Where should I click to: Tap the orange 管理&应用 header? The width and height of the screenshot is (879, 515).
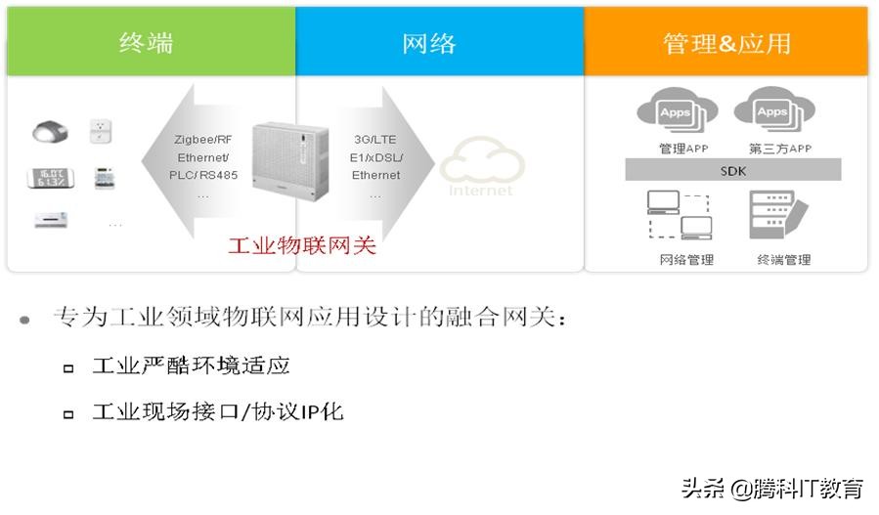click(725, 43)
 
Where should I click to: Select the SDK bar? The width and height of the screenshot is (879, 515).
click(732, 171)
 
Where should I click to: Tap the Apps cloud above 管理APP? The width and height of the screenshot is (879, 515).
click(675, 113)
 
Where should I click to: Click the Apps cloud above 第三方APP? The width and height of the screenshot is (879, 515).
click(772, 113)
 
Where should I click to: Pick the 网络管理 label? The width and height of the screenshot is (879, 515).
click(685, 260)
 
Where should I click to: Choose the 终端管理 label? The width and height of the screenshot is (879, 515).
click(783, 260)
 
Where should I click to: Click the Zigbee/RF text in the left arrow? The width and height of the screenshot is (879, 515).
click(203, 140)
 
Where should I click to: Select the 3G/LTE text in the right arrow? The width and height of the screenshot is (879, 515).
click(375, 140)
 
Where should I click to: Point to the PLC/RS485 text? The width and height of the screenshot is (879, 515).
click(203, 175)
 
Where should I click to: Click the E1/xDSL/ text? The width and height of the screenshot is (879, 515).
click(376, 157)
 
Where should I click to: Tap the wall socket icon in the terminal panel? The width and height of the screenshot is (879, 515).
click(99, 130)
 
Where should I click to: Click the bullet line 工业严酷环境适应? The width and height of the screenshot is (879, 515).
click(191, 366)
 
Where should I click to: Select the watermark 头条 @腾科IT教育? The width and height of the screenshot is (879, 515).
click(771, 488)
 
